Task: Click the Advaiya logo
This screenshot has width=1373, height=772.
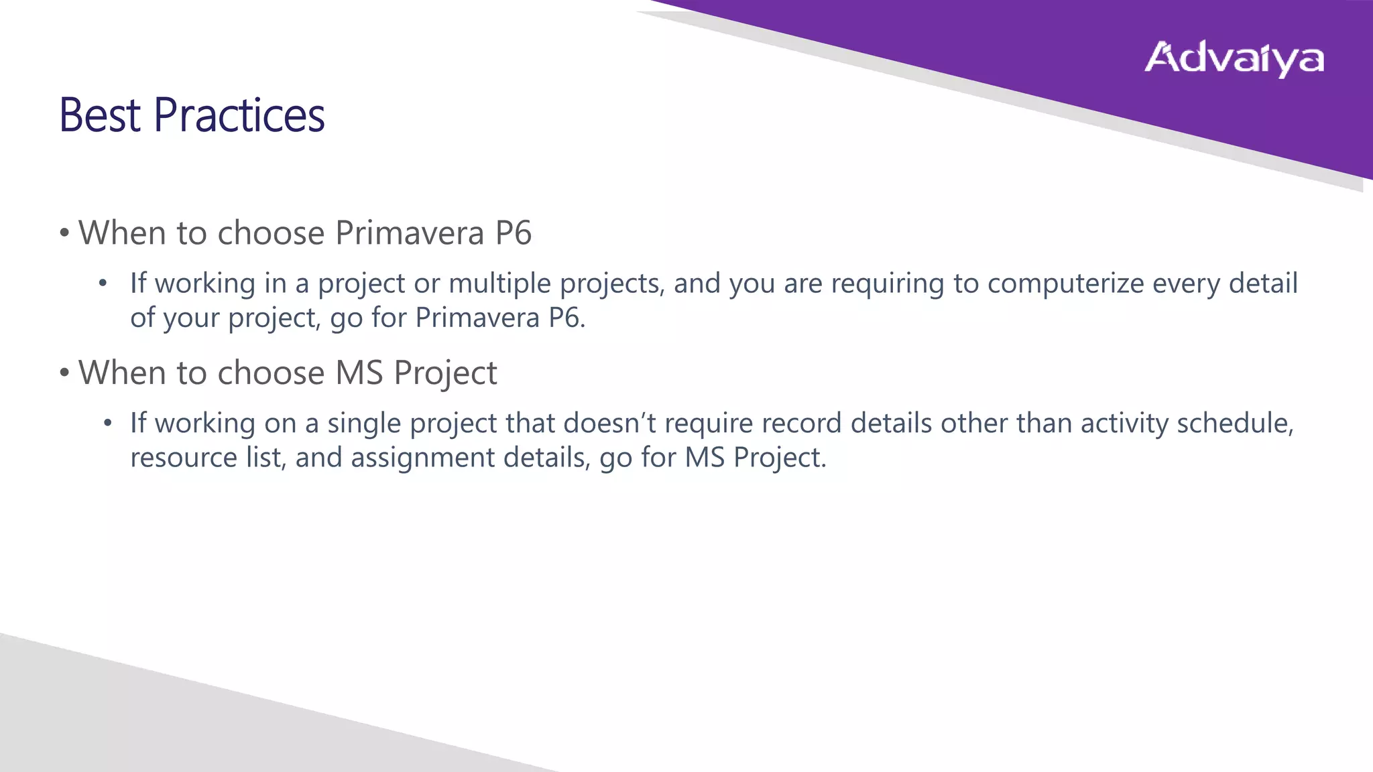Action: (x=1234, y=59)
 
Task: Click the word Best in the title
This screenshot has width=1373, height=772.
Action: (x=100, y=115)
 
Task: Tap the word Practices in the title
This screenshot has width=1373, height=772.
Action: (x=239, y=115)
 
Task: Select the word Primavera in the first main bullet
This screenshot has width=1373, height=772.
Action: (x=409, y=233)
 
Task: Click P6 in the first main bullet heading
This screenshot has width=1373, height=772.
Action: (x=513, y=233)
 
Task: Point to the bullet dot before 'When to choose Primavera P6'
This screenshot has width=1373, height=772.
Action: (x=64, y=234)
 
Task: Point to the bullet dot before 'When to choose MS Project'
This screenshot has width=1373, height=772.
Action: (x=64, y=373)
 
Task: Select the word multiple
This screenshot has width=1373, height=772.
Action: (x=500, y=283)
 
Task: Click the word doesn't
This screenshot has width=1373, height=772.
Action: (x=609, y=424)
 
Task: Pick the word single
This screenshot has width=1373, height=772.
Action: (x=364, y=424)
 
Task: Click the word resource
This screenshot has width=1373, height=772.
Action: (x=184, y=458)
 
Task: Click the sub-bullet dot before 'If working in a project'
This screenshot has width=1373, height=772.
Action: (x=103, y=284)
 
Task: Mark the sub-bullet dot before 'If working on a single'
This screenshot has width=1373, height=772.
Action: (x=107, y=424)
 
